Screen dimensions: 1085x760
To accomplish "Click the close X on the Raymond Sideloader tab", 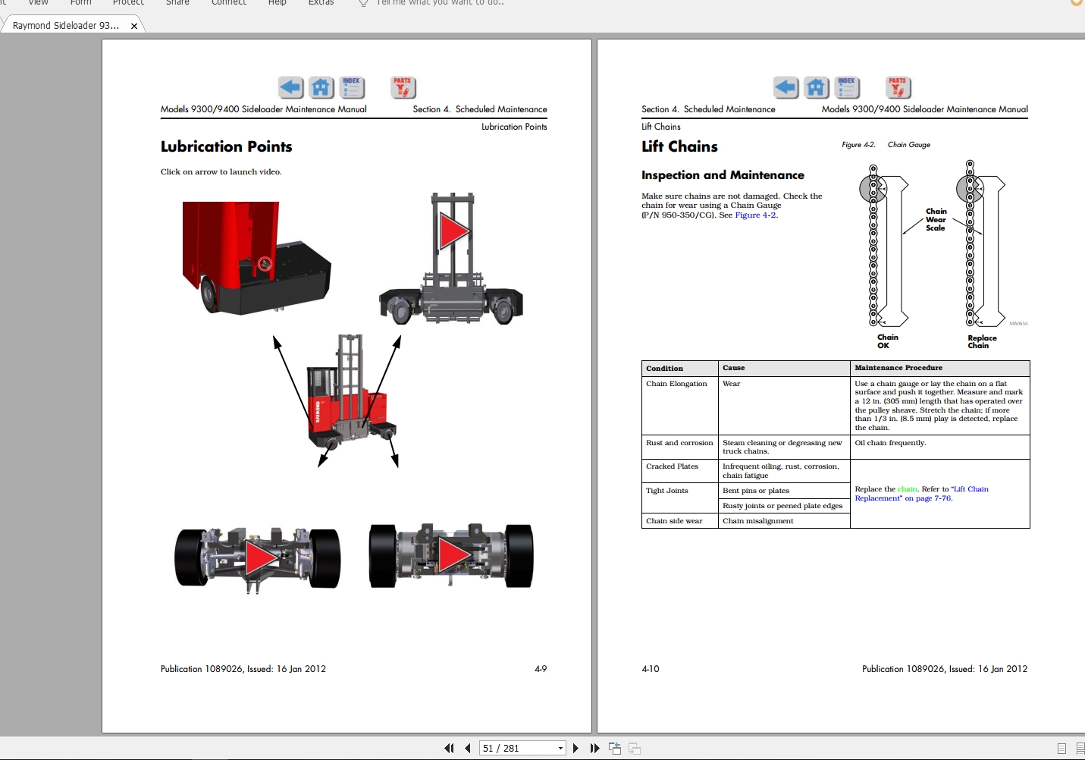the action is pyautogui.click(x=134, y=26).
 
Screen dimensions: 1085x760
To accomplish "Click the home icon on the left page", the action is pyautogui.click(x=321, y=88).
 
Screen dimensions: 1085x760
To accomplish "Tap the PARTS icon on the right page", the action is pyautogui.click(x=898, y=88).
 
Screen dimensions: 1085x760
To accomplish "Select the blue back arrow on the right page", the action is pyautogui.click(x=786, y=88).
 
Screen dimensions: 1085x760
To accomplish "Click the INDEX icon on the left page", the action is pyautogui.click(x=352, y=88).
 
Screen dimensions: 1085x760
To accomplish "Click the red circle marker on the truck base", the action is pyautogui.click(x=265, y=264).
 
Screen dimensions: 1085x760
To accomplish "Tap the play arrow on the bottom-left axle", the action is pyautogui.click(x=261, y=557).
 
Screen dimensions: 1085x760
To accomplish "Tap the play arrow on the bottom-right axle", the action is pyautogui.click(x=454, y=554).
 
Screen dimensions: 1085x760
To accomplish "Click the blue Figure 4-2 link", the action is pyautogui.click(x=755, y=215).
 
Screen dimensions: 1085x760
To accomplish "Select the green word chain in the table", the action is pyautogui.click(x=907, y=489).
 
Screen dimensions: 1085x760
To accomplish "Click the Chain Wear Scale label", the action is pyautogui.click(x=936, y=219).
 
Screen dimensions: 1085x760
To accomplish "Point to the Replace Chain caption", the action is pyautogui.click(x=982, y=342).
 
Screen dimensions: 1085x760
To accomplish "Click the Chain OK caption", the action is pyautogui.click(x=887, y=341).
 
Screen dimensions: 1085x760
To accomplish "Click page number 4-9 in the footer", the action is pyautogui.click(x=541, y=669).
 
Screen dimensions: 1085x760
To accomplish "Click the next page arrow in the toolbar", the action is pyautogui.click(x=575, y=748).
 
